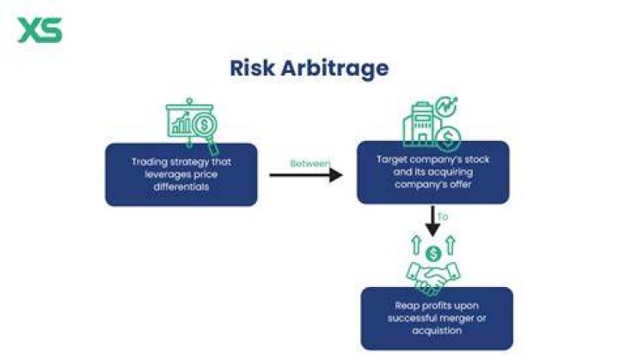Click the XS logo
click(40, 29)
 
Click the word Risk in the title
click(252, 68)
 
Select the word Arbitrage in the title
click(334, 69)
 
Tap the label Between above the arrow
click(309, 163)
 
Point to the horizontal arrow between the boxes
click(306, 175)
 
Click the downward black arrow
click(432, 222)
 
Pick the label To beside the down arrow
click(443, 217)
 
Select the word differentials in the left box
click(181, 186)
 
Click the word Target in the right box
click(389, 160)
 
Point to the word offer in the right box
click(461, 185)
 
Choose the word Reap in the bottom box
click(407, 306)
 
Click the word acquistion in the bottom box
click(437, 331)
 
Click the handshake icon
click(433, 278)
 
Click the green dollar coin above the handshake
click(433, 253)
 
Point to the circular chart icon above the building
click(446, 107)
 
